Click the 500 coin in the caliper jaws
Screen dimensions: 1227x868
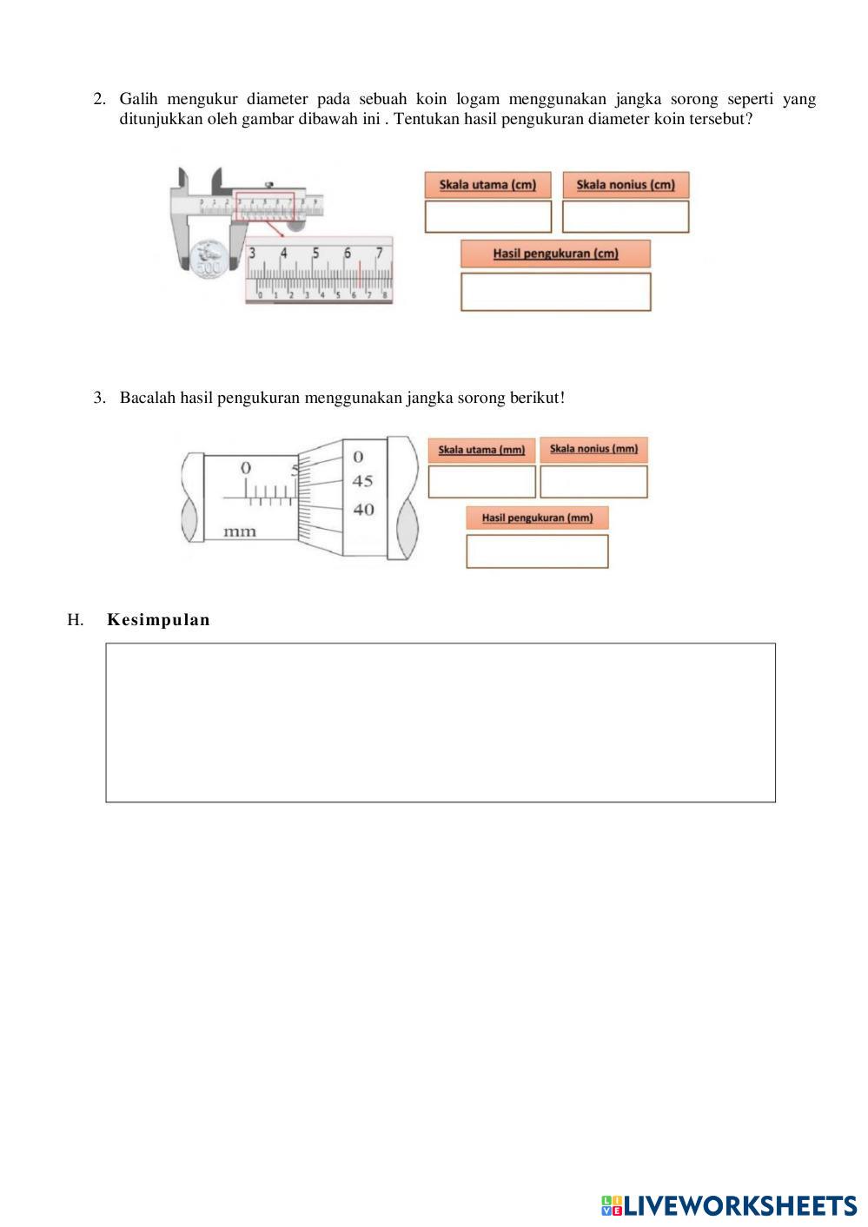tap(209, 259)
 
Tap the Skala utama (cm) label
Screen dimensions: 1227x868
tap(487, 185)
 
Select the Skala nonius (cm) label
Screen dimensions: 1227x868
tap(626, 185)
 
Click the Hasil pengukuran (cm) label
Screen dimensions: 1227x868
tap(555, 254)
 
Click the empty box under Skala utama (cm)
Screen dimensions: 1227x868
tap(487, 217)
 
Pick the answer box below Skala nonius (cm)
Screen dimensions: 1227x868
tap(626, 217)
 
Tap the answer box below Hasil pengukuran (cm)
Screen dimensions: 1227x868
tap(555, 292)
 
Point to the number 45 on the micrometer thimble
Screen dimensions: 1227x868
tap(362, 481)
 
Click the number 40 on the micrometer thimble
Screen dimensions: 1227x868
tap(362, 510)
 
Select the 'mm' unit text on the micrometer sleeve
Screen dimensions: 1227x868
tap(240, 531)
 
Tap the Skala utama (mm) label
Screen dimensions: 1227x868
tap(481, 450)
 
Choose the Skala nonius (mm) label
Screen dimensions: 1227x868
tap(593, 449)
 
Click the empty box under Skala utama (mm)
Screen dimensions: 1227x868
tap(481, 482)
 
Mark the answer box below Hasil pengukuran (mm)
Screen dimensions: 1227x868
tap(537, 551)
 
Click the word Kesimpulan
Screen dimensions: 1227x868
tap(158, 620)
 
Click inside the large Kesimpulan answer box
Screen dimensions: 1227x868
tap(441, 722)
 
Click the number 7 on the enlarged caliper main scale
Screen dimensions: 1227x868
tap(379, 254)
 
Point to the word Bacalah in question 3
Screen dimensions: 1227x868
tap(148, 398)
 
